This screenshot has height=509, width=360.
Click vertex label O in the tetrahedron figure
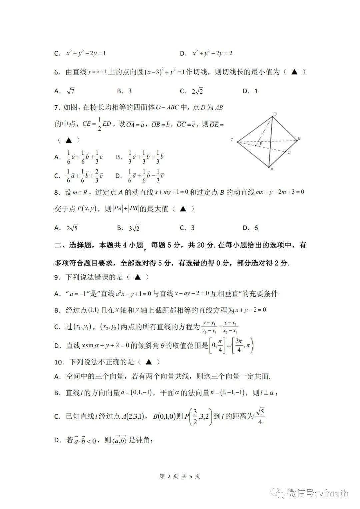(275, 114)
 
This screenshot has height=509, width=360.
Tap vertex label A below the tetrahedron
(272, 169)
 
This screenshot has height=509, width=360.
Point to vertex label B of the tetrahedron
(299, 138)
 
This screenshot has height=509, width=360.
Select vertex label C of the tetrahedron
(232, 140)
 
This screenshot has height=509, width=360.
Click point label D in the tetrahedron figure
(289, 152)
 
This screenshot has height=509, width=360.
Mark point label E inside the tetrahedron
(261, 144)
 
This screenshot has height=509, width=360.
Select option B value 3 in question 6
(130, 91)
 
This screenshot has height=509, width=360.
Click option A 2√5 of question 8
(72, 228)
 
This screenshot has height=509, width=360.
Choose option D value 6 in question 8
(256, 228)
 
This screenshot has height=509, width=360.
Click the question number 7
(56, 107)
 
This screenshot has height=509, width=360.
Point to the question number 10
(59, 362)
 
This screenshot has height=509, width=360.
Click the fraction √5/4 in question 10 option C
(260, 416)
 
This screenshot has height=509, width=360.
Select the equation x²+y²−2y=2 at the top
(212, 53)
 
